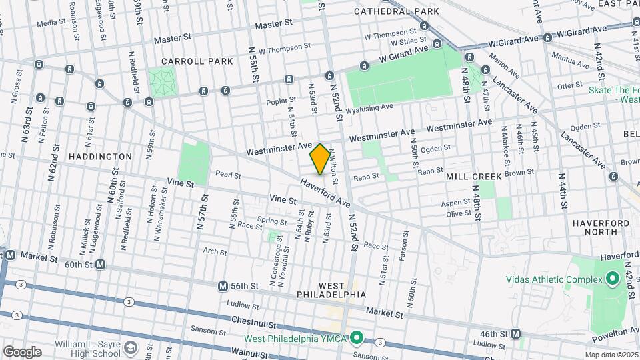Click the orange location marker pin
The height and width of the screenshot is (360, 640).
pos(320,159)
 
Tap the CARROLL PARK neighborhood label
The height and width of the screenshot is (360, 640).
pos(197,61)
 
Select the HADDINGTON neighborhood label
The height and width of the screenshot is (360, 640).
pos(100,156)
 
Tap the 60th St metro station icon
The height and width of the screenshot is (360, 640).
pos(101,265)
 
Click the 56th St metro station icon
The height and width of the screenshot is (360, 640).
pos(223,286)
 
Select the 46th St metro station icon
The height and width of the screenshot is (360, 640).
pos(515,333)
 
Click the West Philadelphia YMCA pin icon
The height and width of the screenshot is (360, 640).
pos(357,339)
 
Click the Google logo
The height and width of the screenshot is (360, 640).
pos(22,351)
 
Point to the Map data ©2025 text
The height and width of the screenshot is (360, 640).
pos(611,355)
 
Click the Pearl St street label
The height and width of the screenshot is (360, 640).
pos(228,175)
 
